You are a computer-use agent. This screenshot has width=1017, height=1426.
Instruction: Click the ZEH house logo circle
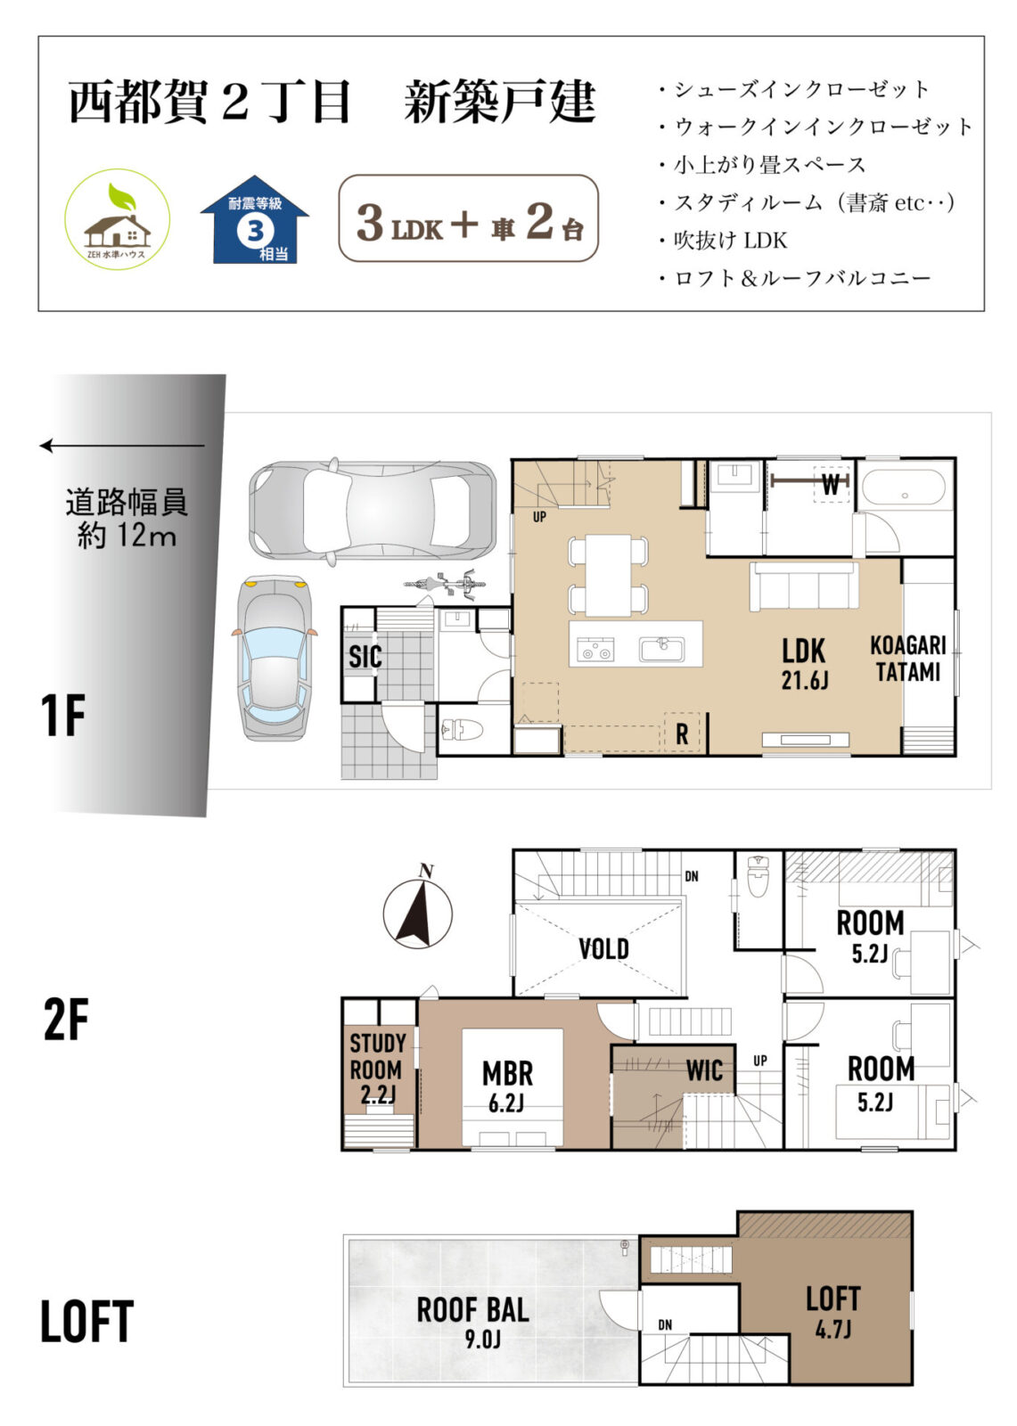click(x=117, y=219)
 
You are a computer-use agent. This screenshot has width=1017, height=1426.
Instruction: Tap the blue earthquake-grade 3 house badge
click(x=255, y=219)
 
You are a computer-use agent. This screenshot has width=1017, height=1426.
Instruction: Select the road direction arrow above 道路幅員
click(x=122, y=446)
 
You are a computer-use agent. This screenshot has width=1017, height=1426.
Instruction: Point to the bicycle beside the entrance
click(x=445, y=583)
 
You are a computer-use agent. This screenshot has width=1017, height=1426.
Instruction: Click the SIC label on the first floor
click(x=365, y=656)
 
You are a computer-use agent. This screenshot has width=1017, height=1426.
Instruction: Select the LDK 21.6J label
click(x=804, y=664)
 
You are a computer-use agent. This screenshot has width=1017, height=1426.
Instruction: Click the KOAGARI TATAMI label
click(x=908, y=659)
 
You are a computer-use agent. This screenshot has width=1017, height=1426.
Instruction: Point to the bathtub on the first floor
click(x=905, y=488)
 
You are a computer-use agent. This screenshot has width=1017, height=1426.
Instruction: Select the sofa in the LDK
click(x=804, y=586)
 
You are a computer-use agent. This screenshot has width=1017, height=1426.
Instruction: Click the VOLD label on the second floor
click(x=603, y=948)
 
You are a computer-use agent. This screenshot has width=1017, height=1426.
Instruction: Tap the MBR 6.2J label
click(x=507, y=1086)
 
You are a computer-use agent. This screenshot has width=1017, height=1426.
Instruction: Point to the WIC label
click(x=704, y=1070)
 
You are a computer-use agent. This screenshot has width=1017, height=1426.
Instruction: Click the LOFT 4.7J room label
click(x=833, y=1312)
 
